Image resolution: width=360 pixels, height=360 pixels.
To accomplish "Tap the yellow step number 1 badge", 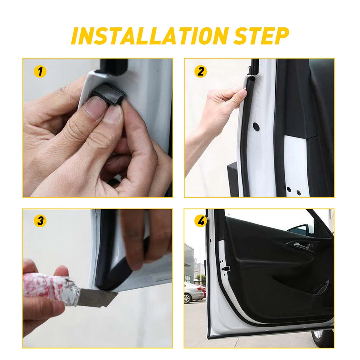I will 40,71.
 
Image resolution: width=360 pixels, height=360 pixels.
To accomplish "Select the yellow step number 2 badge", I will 201,71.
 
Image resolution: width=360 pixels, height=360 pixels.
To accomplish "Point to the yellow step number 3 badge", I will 40,221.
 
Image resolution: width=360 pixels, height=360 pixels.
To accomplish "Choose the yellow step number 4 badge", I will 201,221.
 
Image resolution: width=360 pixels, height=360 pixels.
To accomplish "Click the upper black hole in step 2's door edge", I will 256,125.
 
